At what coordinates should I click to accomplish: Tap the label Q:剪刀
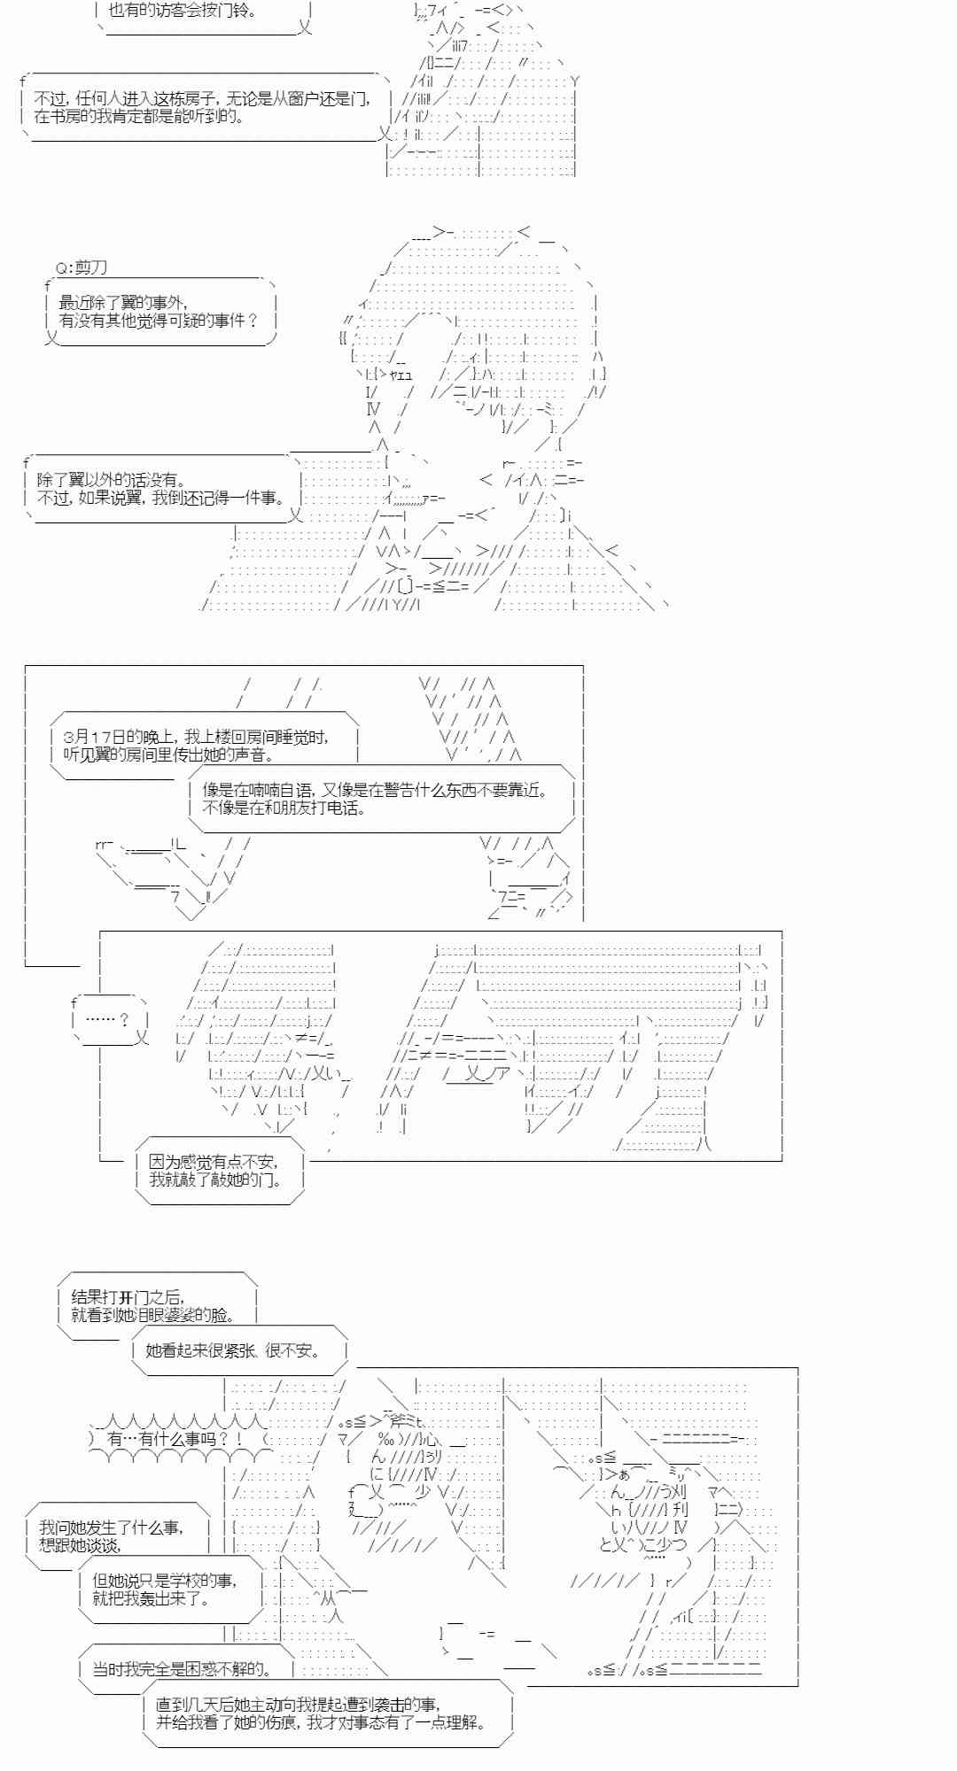82,267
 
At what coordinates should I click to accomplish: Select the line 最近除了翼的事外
123,303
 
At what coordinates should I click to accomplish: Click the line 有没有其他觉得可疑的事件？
159,321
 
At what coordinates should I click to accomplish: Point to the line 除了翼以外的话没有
111,480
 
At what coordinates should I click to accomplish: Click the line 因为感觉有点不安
213,1162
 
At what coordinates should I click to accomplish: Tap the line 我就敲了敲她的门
215,1179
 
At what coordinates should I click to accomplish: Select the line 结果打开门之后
127,1296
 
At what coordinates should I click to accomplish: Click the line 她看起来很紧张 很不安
232,1350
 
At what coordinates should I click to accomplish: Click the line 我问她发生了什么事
111,1527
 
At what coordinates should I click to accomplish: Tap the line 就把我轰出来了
151,1598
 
